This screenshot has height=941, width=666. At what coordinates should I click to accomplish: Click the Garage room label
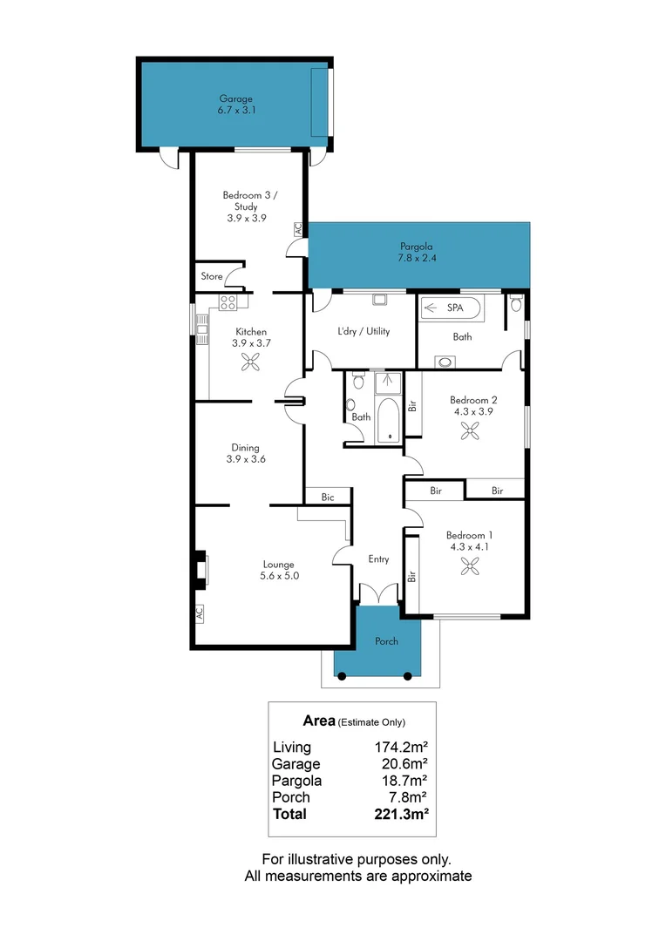click(236, 98)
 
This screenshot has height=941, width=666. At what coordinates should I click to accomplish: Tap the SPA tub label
click(455, 308)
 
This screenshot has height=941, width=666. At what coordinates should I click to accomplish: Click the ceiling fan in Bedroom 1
click(471, 566)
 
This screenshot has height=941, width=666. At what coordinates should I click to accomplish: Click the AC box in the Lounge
click(198, 613)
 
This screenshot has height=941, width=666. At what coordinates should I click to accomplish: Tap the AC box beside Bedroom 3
click(297, 229)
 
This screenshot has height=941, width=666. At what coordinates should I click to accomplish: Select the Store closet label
click(212, 276)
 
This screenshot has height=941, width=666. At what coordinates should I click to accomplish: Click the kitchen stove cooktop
click(228, 302)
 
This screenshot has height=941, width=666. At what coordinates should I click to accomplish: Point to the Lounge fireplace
click(201, 570)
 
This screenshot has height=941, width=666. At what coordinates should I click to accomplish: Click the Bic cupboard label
click(328, 497)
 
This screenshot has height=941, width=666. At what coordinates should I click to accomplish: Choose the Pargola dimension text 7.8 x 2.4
click(417, 259)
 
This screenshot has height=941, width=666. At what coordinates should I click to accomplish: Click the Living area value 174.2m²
click(400, 747)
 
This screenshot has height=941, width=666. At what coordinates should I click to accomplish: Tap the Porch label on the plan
click(386, 641)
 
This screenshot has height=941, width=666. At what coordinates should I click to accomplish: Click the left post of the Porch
click(342, 675)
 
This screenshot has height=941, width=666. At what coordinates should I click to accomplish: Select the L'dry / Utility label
click(364, 331)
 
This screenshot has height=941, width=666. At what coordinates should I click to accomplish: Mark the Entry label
click(378, 559)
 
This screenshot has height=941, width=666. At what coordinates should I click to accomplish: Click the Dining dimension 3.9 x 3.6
click(245, 458)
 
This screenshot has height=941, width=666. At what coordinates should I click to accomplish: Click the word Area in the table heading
click(318, 721)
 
